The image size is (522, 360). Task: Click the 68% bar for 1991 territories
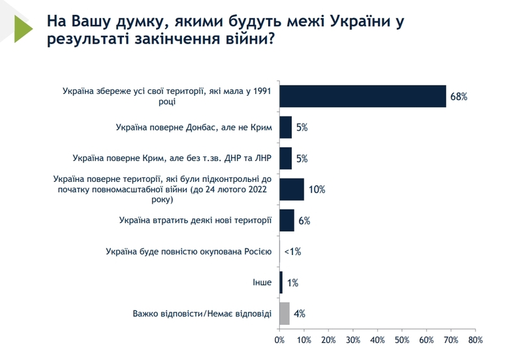363,96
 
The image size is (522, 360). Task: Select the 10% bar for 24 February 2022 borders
292,189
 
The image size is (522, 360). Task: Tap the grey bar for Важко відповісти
284,314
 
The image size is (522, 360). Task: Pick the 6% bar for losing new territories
287,220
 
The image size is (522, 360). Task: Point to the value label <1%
292,252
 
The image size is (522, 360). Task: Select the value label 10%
316,190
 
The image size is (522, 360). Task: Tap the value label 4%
300,314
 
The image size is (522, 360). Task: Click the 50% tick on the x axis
402,340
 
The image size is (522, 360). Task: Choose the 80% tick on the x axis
475,340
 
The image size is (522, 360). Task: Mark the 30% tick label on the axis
353,340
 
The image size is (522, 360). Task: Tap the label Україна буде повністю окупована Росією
188,251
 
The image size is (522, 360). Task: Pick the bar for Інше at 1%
281,282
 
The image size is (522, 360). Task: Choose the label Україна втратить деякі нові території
195,220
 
